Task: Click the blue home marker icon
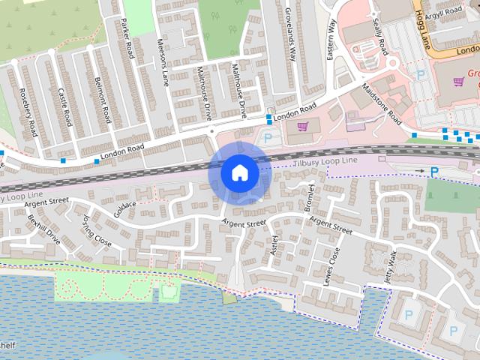[239, 173]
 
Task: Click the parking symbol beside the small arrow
[434, 172]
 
